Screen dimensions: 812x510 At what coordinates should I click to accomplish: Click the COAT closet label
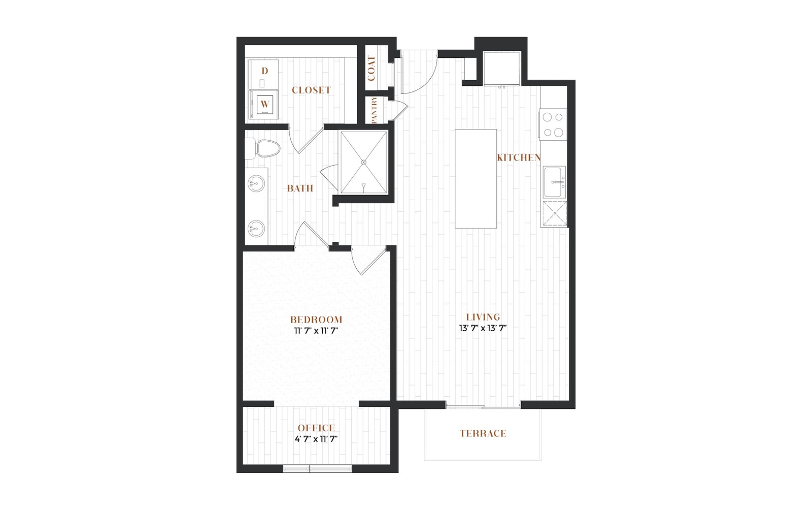click(x=371, y=68)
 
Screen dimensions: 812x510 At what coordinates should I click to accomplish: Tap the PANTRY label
click(x=374, y=110)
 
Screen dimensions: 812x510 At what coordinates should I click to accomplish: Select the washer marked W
click(x=264, y=105)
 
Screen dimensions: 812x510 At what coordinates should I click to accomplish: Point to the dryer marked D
click(x=264, y=74)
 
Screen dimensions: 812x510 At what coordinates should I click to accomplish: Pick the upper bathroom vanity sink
click(x=256, y=183)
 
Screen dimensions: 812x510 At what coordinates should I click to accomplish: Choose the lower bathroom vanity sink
click(x=256, y=229)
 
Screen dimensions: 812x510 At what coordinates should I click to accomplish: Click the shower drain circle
click(x=363, y=163)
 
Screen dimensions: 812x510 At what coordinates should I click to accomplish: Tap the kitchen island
click(x=476, y=179)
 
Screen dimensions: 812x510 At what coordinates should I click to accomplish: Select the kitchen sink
click(x=554, y=182)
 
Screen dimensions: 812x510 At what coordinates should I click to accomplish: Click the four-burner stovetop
click(x=553, y=124)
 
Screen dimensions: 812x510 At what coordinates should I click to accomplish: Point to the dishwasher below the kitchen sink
click(x=554, y=214)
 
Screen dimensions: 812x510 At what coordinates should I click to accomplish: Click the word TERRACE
click(x=483, y=433)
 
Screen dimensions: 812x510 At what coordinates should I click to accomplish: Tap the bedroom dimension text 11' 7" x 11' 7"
click(x=316, y=331)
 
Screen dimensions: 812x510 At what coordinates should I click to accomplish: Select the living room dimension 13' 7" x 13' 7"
click(x=483, y=328)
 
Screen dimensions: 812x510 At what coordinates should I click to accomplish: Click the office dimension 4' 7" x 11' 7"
click(x=316, y=439)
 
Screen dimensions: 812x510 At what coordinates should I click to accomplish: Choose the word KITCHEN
click(x=519, y=157)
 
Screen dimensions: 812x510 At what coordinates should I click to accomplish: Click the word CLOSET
click(x=312, y=90)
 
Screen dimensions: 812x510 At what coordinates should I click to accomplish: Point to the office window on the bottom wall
click(x=317, y=469)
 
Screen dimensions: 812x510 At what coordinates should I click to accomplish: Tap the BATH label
click(x=300, y=188)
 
